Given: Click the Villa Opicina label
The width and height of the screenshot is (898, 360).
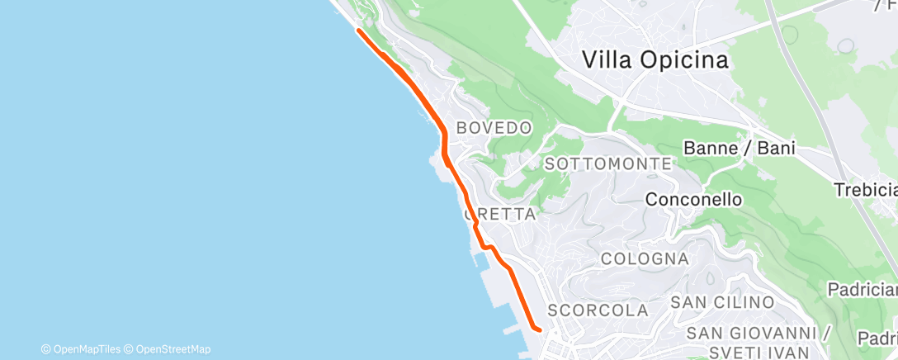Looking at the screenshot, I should (655, 60).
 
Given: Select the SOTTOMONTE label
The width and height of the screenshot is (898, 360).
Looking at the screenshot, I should (607, 164).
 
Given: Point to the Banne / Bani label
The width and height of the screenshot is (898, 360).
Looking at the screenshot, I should (740, 149).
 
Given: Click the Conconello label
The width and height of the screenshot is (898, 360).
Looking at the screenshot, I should (693, 200).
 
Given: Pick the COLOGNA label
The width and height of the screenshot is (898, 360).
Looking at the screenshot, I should (645, 258).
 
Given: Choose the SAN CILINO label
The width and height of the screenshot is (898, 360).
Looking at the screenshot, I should (722, 303).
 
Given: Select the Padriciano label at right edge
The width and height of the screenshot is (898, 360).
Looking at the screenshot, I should (863, 289).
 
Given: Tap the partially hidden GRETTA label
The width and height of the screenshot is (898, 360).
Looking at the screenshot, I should (502, 215).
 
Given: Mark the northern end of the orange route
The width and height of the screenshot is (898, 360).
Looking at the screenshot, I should (358, 31).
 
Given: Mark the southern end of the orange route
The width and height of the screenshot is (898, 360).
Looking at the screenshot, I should (538, 330).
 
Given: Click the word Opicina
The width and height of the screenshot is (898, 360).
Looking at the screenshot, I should (689, 60).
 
